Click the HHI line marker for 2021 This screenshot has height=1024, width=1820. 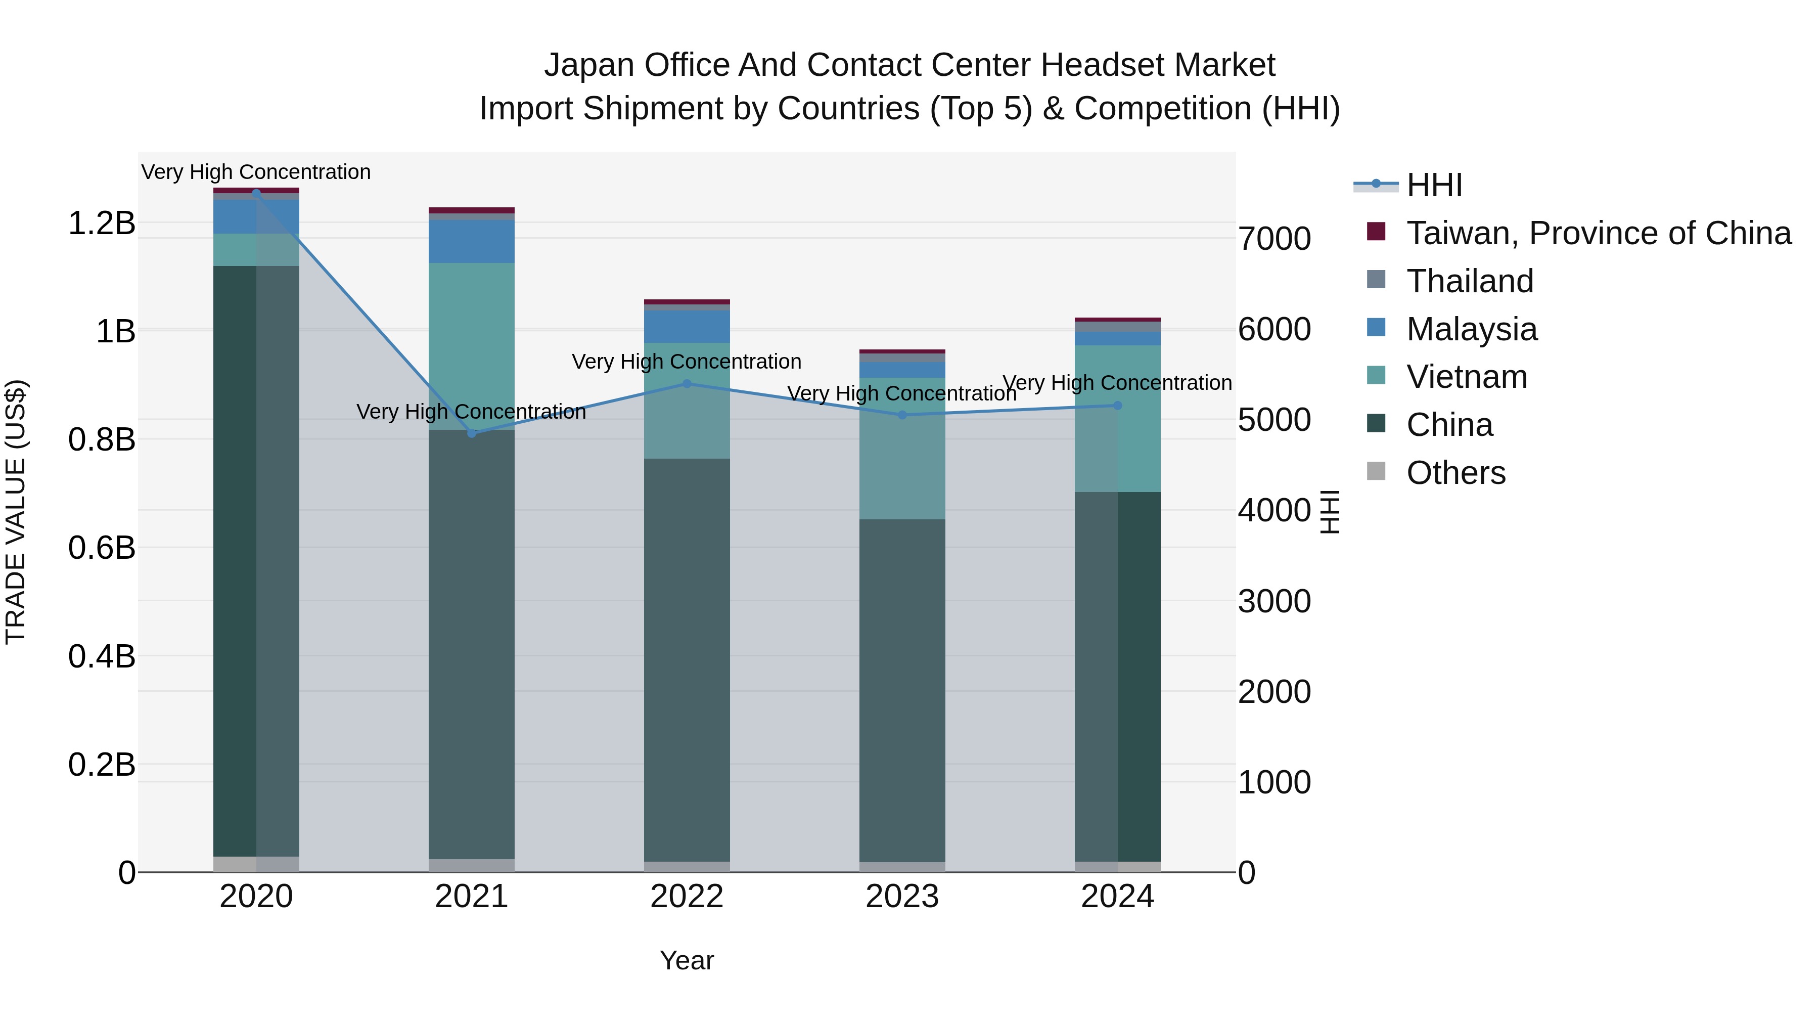tap(472, 433)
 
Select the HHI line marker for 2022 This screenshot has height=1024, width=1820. tap(687, 384)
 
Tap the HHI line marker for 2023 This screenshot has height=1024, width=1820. tap(902, 415)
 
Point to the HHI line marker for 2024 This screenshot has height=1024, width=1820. tap(1118, 406)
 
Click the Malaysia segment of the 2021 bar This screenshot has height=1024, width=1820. tap(472, 242)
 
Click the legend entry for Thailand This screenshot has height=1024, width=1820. tap(1470, 281)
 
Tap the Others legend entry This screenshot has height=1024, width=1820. tap(1455, 473)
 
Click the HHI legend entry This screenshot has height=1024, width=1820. tap(1434, 185)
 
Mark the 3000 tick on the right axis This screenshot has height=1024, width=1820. tap(1275, 601)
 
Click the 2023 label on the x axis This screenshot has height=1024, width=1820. tap(902, 897)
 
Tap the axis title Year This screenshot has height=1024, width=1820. tap(687, 960)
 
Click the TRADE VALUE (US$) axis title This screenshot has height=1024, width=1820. tap(16, 512)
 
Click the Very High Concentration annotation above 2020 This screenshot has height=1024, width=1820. tap(256, 172)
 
